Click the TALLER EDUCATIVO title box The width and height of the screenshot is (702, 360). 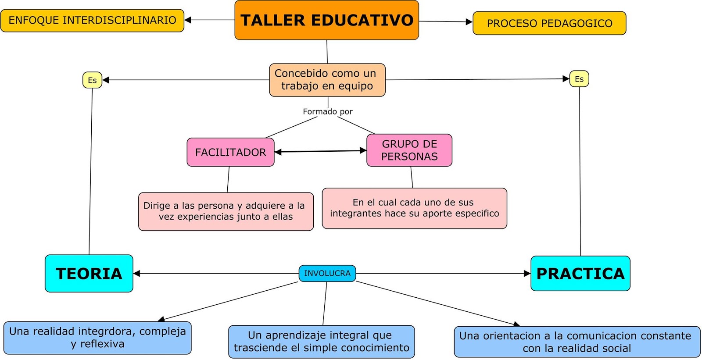(326, 20)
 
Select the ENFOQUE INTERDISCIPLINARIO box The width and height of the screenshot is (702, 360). (92, 21)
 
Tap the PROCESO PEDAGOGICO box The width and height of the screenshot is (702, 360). (549, 23)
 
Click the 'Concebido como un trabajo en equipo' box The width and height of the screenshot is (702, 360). (327, 80)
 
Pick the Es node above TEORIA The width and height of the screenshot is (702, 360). (92, 80)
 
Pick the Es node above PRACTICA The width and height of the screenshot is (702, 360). (579, 79)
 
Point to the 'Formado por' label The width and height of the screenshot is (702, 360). (327, 111)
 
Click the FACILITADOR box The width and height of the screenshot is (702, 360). (230, 152)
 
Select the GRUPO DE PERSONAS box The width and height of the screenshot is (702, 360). (409, 150)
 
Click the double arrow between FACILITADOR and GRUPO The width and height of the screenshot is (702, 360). (320, 151)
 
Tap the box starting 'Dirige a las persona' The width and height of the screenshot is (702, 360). (226, 211)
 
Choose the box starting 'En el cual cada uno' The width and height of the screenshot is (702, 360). (414, 208)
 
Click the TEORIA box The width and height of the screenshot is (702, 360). (89, 273)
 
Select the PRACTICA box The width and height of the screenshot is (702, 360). (580, 273)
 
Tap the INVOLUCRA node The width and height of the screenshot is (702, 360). (327, 273)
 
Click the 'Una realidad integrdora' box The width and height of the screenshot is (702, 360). (97, 338)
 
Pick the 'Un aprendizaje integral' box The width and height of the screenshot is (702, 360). (321, 342)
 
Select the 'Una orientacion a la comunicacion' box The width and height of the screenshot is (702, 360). (577, 342)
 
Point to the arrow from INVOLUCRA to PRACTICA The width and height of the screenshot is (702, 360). (443, 274)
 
